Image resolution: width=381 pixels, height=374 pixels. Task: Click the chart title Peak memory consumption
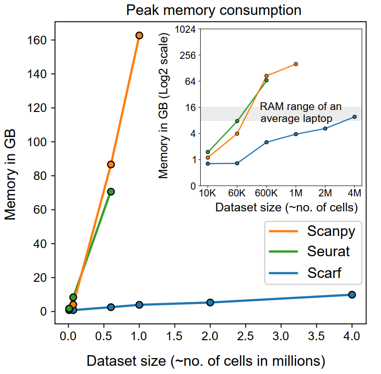tap(214, 10)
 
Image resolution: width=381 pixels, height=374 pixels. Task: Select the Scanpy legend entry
tap(331, 231)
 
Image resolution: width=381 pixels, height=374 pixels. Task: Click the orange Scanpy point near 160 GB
tap(139, 35)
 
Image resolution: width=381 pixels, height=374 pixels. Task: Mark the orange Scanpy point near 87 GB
tap(111, 165)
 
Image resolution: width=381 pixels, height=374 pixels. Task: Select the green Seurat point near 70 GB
tap(111, 192)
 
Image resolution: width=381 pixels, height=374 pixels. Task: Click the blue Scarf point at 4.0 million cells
tap(352, 295)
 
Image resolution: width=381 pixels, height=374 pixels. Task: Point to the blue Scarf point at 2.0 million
tap(210, 303)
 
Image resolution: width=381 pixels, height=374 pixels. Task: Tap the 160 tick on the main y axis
tap(39, 40)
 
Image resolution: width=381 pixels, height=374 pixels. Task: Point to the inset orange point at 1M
tap(296, 64)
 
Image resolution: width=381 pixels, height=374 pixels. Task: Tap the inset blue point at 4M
tap(354, 117)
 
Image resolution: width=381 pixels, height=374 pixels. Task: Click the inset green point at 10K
tap(208, 152)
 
